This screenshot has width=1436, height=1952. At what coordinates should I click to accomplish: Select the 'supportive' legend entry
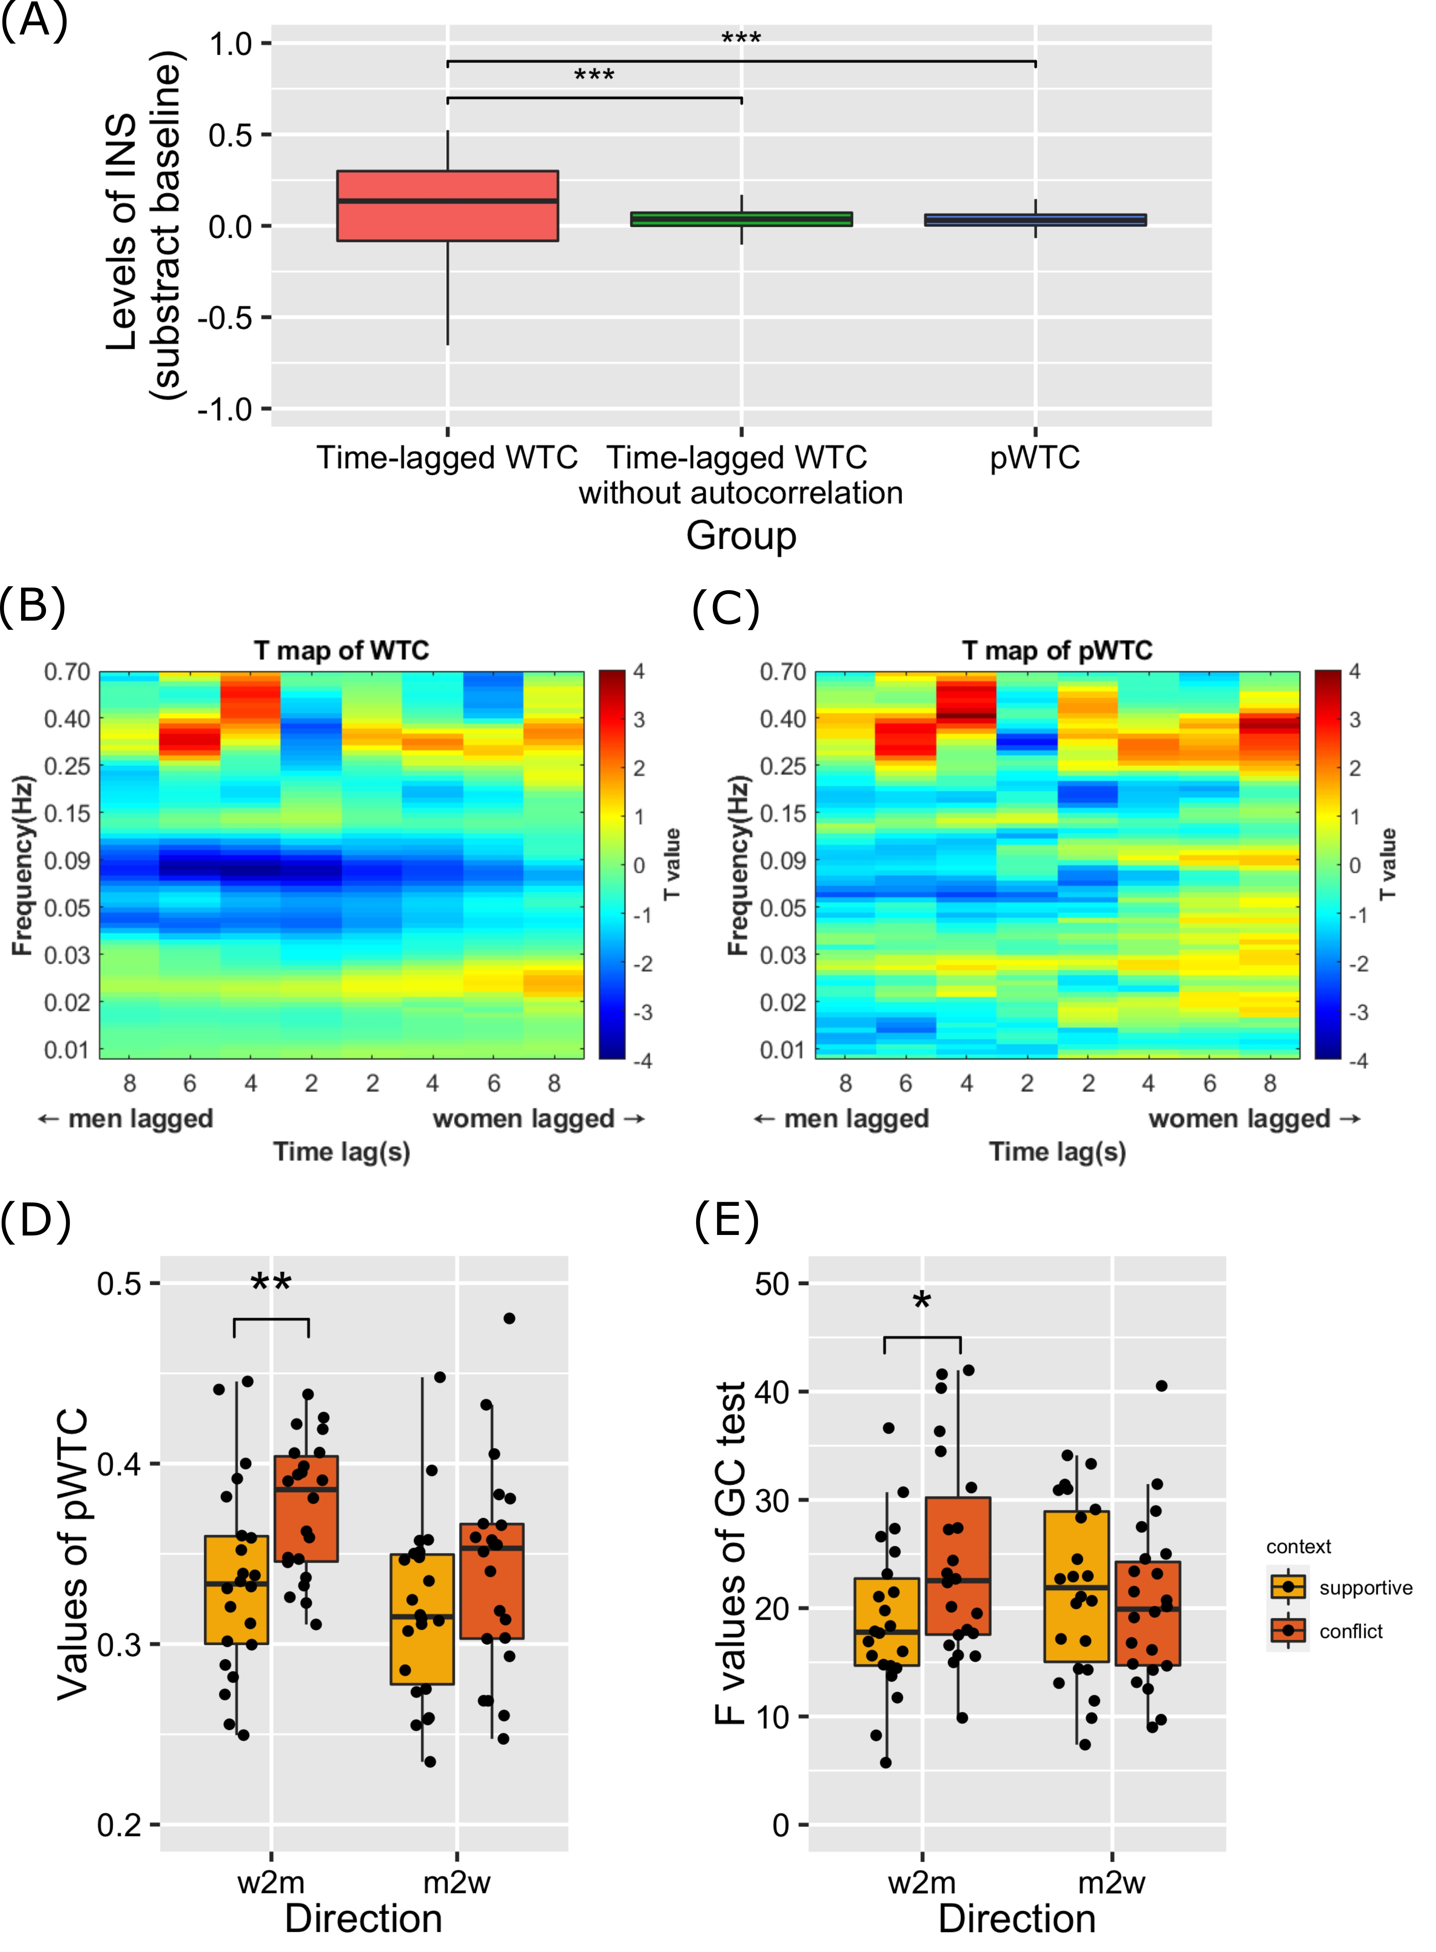point(1365,1588)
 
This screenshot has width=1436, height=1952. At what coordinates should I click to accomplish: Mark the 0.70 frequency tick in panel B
point(67,672)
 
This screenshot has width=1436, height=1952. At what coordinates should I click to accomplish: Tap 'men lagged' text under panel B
point(140,1119)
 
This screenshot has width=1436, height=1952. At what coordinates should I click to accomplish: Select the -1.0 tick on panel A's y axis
point(224,408)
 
